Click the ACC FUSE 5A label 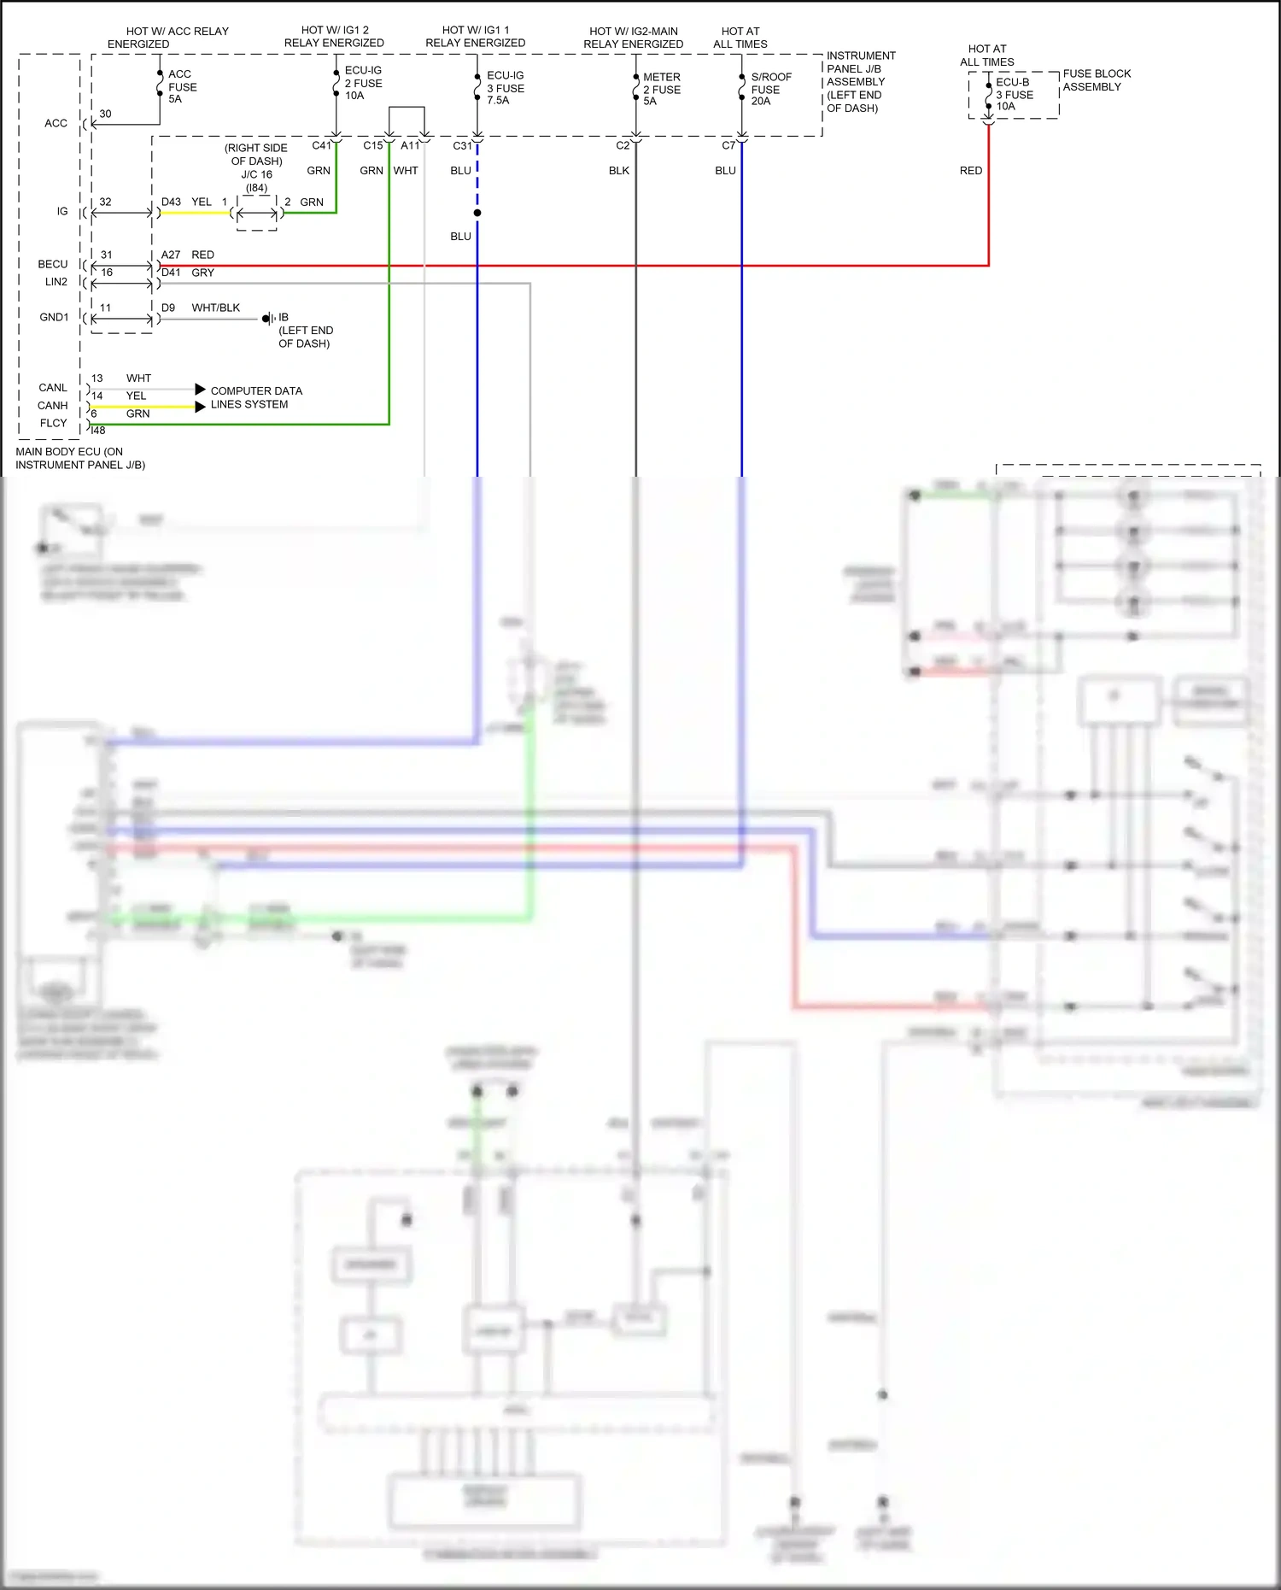point(182,87)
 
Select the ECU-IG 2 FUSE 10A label point(363,83)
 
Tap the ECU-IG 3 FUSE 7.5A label point(505,88)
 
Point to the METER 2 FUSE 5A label point(661,89)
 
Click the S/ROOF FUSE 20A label point(770,89)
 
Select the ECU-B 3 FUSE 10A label point(1014,95)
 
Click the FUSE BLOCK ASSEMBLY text point(1096,80)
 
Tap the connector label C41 point(321,145)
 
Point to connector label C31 point(462,146)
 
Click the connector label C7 point(728,145)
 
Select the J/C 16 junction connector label point(256,174)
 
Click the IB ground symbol point(268,318)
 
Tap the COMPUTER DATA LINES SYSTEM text point(255,397)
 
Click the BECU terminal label point(53,264)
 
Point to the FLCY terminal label point(53,423)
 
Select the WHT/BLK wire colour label point(215,308)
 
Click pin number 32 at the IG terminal point(105,202)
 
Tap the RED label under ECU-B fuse point(970,171)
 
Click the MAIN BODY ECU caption point(79,458)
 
